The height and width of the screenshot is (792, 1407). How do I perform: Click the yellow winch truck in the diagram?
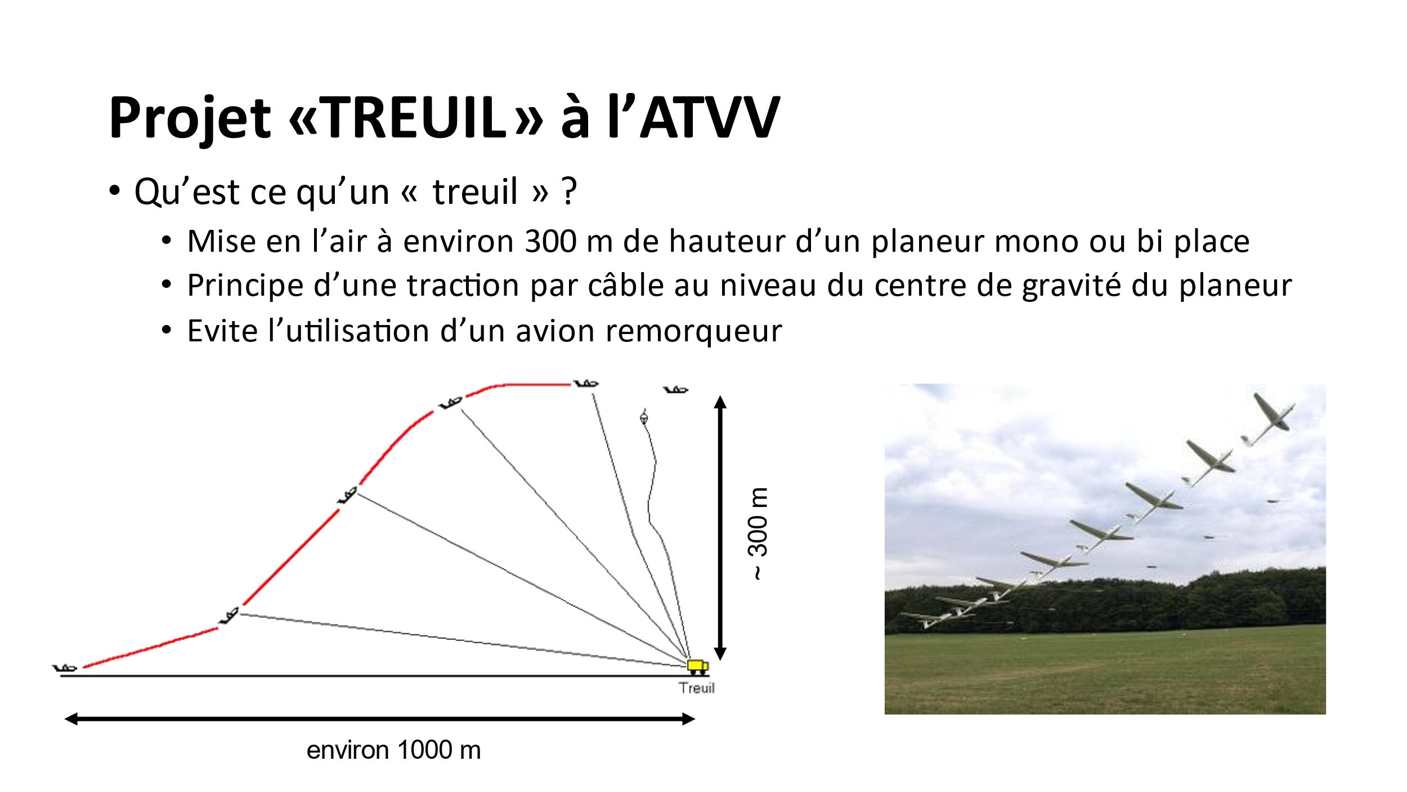[x=698, y=667]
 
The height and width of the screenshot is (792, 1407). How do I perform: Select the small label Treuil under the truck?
[x=697, y=688]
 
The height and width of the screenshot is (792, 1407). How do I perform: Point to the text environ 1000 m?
[x=393, y=750]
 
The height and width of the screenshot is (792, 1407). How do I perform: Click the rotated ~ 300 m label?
[x=758, y=533]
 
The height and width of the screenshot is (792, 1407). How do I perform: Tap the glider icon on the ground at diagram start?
[x=65, y=668]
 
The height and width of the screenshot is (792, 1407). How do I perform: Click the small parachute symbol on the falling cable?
[x=644, y=417]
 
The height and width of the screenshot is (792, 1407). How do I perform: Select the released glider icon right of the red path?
[x=675, y=389]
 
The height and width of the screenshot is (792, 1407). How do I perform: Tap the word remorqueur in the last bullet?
[x=693, y=331]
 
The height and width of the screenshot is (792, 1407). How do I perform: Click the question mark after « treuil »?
[x=570, y=191]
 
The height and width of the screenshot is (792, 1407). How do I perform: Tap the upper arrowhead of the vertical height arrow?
[x=720, y=402]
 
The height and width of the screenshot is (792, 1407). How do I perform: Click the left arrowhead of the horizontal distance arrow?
[x=71, y=719]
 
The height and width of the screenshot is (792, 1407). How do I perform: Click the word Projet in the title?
[x=190, y=118]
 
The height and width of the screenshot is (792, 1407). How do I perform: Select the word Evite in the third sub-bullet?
[x=222, y=331]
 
